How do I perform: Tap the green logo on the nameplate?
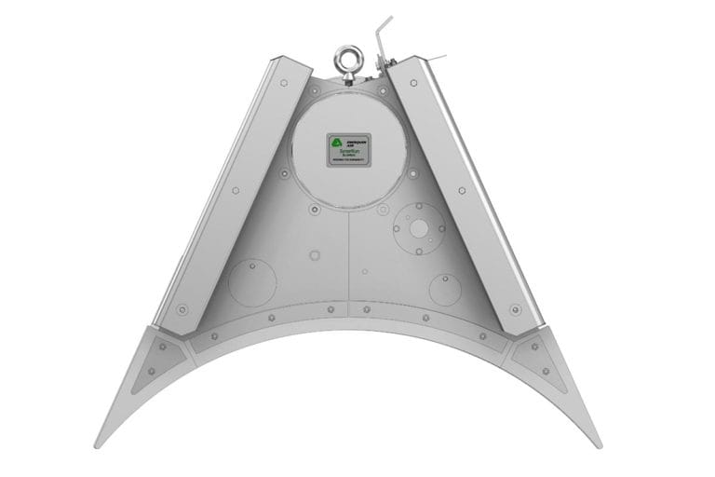click(336, 143)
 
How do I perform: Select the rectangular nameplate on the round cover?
click(348, 149)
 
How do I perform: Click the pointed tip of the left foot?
click(96, 445)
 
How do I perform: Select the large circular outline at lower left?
click(252, 281)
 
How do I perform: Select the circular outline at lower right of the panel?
click(445, 289)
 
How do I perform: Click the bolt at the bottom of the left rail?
click(182, 309)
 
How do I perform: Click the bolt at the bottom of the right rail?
click(515, 309)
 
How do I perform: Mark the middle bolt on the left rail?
click(235, 191)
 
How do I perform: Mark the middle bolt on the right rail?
click(462, 191)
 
